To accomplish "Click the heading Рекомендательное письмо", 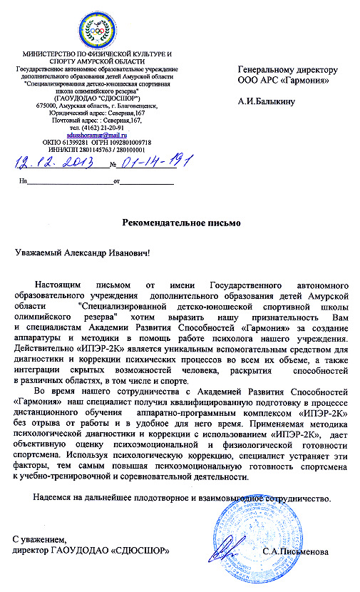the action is (x=180, y=223).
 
